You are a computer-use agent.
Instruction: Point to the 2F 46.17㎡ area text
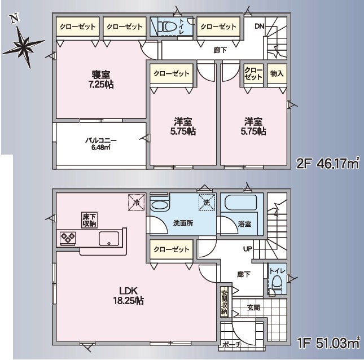pyautogui.click(x=328, y=164)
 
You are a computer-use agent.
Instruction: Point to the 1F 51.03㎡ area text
pyautogui.click(x=328, y=343)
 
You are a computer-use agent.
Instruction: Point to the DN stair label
pyautogui.click(x=259, y=26)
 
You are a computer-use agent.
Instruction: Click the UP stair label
pyautogui.click(x=247, y=248)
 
